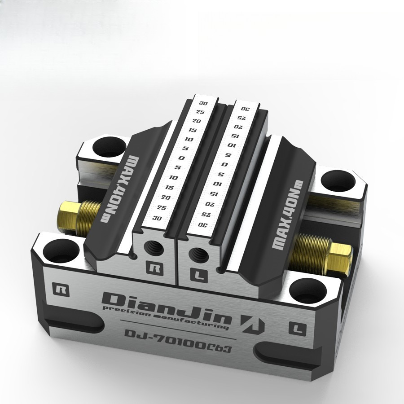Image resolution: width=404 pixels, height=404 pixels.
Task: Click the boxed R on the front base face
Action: (59, 288)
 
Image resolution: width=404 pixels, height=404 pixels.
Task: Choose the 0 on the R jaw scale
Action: (180, 158)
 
